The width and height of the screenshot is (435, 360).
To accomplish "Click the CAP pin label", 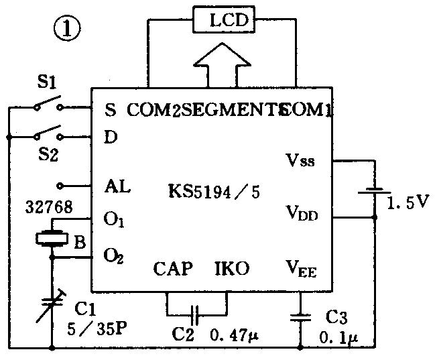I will (173, 269).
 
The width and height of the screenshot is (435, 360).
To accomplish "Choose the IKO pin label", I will (231, 269).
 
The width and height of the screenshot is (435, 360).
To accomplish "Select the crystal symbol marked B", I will (52, 239).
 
